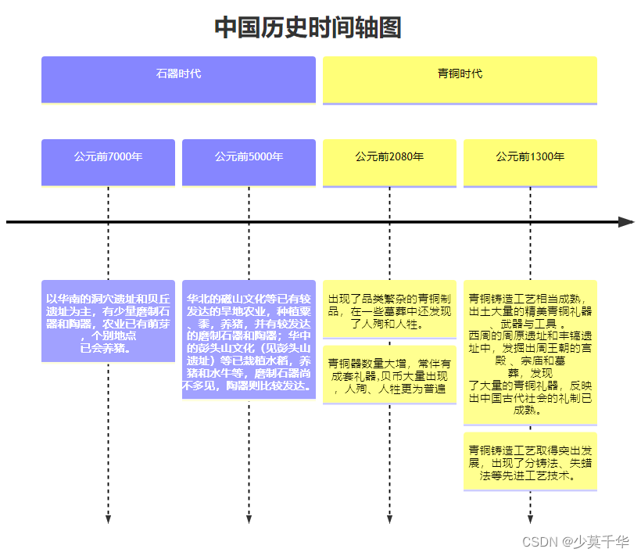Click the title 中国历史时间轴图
tap(308, 28)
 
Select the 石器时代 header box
tap(178, 79)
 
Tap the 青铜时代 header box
tap(460, 79)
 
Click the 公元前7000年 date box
tap(108, 163)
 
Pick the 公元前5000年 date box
tap(249, 163)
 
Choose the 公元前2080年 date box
tap(389, 163)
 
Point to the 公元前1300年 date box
tap(530, 163)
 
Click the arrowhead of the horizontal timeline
tap(626, 222)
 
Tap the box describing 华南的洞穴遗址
tap(108, 321)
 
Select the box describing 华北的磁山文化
tap(249, 339)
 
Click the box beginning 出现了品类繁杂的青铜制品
tap(389, 310)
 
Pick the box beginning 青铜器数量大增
tap(389, 375)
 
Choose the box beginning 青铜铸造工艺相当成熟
tap(530, 353)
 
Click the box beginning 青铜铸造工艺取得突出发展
tap(530, 461)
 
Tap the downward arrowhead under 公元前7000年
tap(108, 519)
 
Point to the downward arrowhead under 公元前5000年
tap(249, 519)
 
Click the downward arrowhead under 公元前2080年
tap(389, 519)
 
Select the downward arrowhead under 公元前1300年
tap(530, 519)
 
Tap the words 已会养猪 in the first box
tap(104, 348)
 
